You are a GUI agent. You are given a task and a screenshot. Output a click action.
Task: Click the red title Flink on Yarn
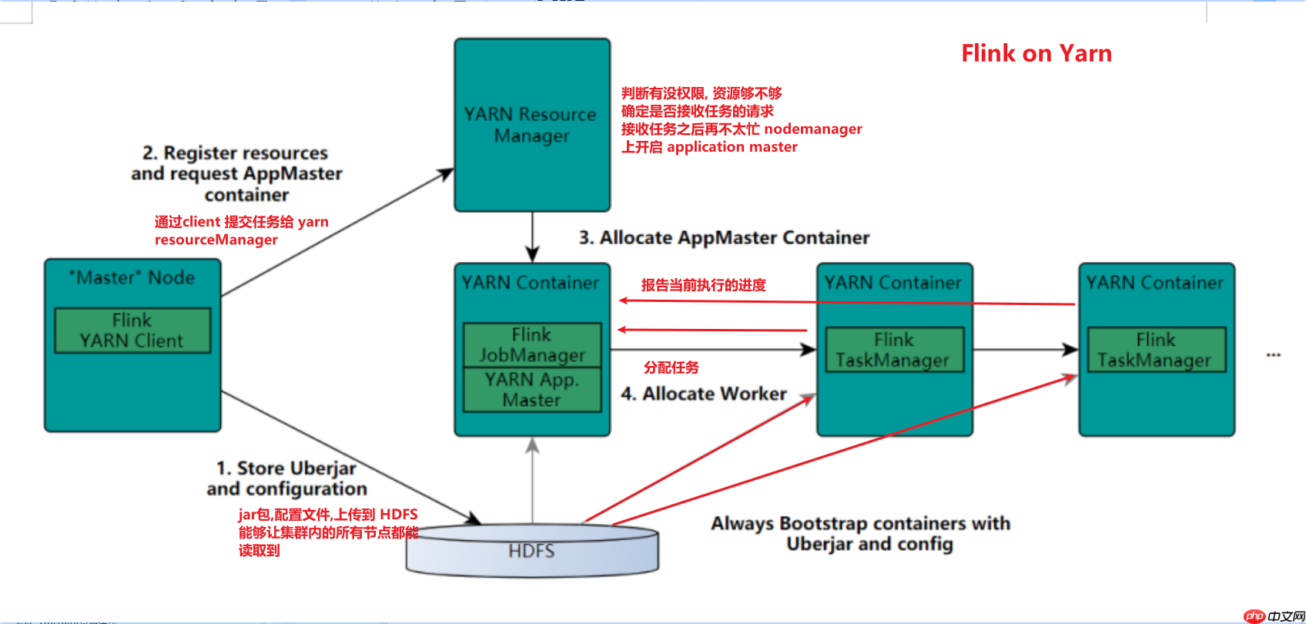click(1036, 53)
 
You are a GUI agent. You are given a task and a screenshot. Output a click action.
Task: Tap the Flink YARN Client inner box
click(132, 330)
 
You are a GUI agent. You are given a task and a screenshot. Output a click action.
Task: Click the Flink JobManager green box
click(532, 344)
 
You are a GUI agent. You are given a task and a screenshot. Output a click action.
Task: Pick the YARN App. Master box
click(532, 390)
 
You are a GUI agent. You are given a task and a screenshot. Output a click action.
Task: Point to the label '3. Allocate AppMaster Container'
click(724, 237)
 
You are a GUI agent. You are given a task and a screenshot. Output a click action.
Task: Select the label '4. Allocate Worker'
click(704, 394)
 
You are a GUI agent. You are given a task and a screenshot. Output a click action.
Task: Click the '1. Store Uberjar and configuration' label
click(286, 478)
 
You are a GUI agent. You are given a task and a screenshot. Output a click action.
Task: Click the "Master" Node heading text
click(132, 277)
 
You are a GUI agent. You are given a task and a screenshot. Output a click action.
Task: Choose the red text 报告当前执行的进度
click(704, 285)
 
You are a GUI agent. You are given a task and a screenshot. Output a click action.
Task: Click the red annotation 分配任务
click(671, 367)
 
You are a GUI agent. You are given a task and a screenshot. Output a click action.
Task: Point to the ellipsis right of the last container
click(1274, 354)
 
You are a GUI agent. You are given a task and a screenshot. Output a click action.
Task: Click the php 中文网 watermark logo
click(1274, 616)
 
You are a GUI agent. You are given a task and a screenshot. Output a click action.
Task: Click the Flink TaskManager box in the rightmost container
click(1156, 350)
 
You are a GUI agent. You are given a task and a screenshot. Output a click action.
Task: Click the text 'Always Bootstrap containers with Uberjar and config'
click(861, 533)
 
